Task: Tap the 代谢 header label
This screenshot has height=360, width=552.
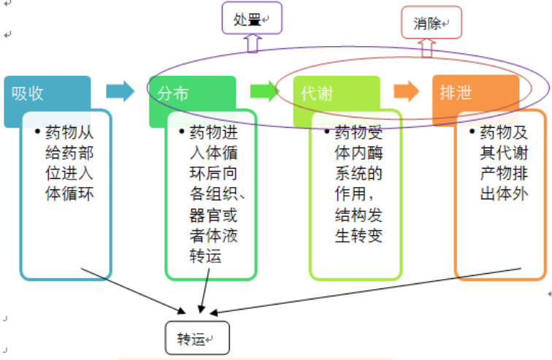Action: point(316,93)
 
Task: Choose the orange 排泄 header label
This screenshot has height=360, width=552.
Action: point(456,93)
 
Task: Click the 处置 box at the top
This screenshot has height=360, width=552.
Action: point(251,20)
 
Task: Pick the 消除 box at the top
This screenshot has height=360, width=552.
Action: point(432,23)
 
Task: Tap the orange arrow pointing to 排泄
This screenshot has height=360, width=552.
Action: point(406,91)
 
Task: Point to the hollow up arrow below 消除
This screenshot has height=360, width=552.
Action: point(428,47)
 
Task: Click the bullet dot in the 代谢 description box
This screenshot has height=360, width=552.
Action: point(327,133)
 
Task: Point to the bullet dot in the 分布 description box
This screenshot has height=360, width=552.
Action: point(182,133)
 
